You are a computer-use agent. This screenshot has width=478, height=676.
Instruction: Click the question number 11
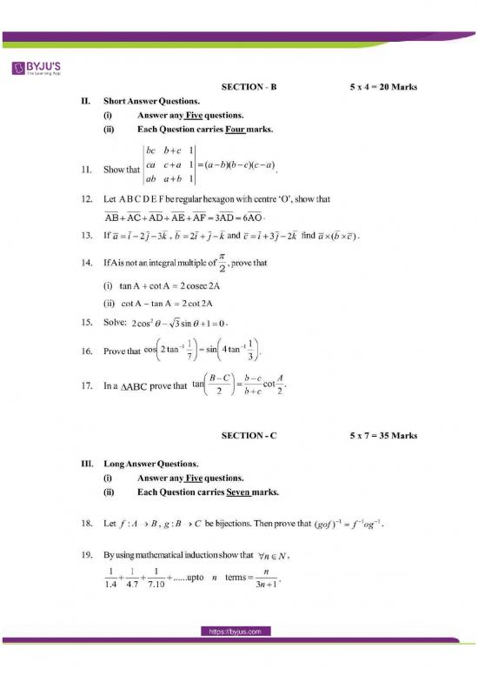(85, 170)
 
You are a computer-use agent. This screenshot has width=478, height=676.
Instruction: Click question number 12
(85, 199)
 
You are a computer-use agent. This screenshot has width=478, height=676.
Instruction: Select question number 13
(85, 235)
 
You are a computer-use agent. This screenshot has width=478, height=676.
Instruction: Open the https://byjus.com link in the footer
(238, 656)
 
